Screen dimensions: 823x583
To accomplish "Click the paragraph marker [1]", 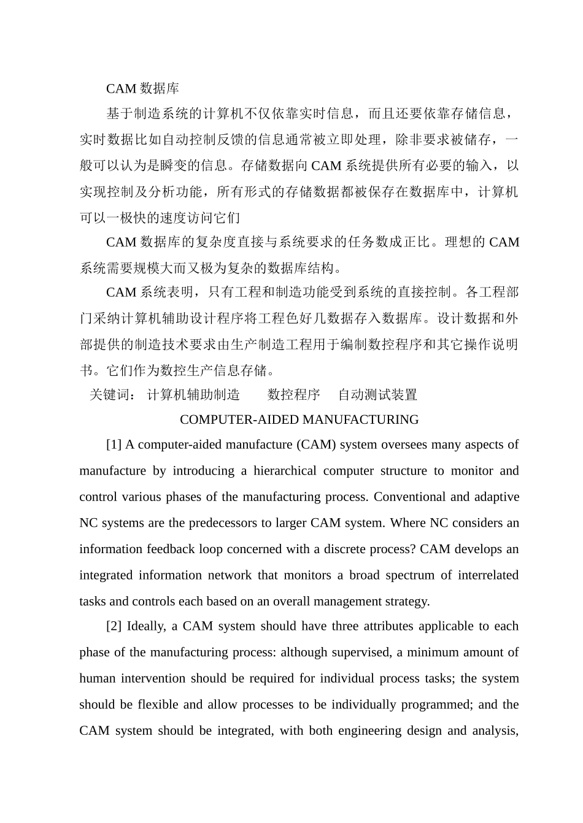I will coord(114,445).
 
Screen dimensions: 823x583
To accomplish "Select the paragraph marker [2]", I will coord(114,627).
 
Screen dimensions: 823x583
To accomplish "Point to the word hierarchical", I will coord(283,472).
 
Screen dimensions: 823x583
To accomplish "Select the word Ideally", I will coord(146,627).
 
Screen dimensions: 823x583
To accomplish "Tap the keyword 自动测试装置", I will coord(377,395).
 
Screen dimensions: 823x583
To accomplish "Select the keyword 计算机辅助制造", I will coord(193,395).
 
